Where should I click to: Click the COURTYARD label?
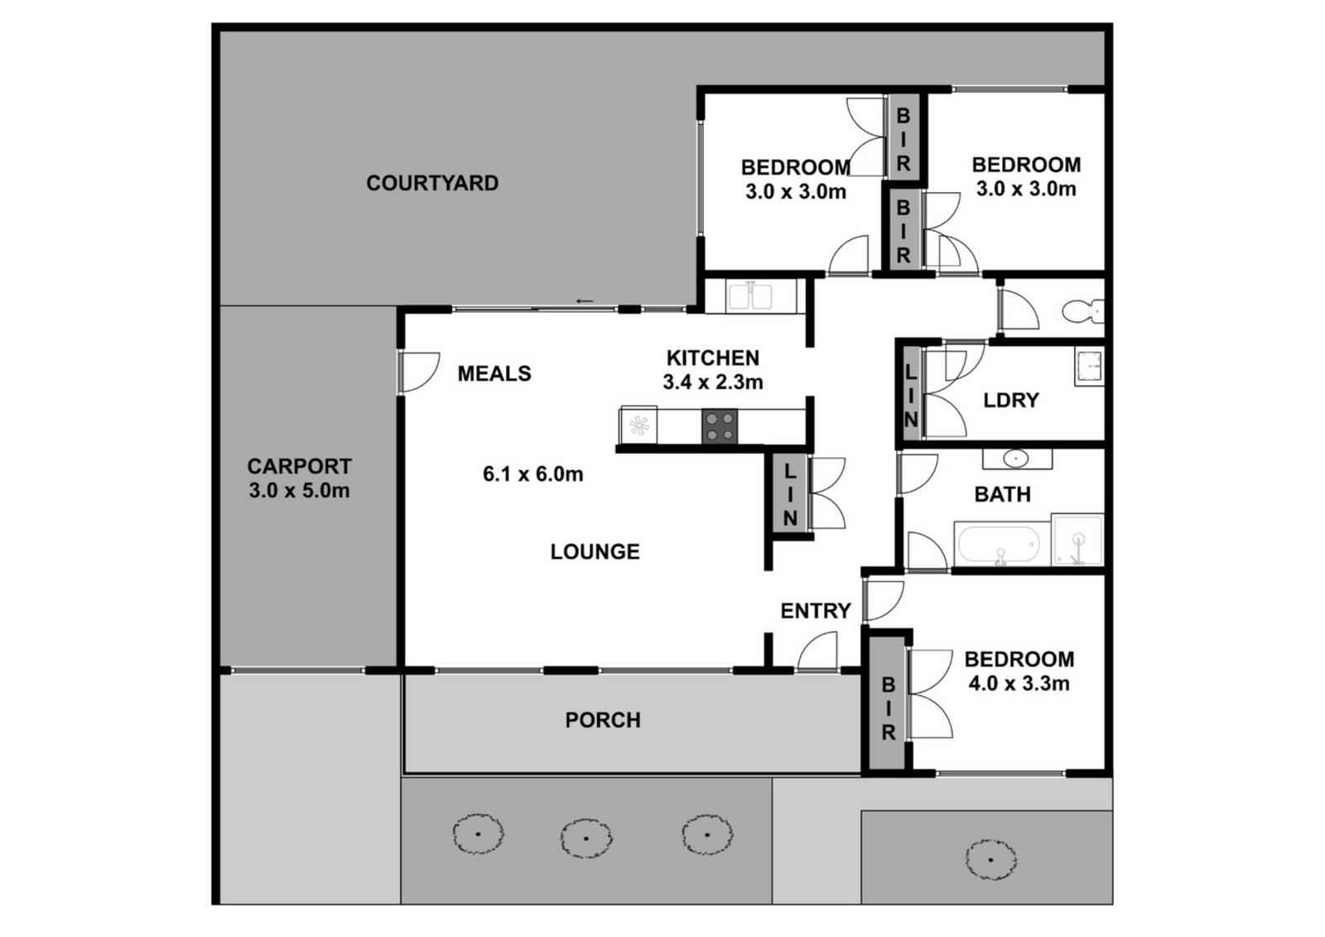432,183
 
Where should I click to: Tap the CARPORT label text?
299,467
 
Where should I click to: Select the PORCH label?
603,720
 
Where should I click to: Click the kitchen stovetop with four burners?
719,427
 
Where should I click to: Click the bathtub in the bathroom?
999,545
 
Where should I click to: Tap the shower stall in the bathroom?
1077,541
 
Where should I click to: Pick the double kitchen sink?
750,296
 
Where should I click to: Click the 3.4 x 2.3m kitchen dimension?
713,382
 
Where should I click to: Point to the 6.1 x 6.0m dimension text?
532,474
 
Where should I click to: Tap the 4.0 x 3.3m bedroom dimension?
1019,684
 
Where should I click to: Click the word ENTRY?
816,611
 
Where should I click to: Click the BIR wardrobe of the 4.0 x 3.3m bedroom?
888,709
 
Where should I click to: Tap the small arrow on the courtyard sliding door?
585,300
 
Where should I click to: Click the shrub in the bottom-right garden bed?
990,859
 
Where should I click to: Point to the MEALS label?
494,373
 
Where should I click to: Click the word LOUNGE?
595,551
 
